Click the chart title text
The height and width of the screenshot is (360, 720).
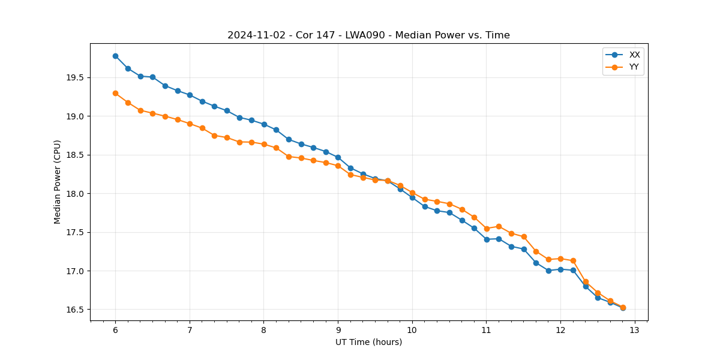pyautogui.click(x=368, y=35)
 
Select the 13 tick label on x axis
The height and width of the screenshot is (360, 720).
pyautogui.click(x=635, y=331)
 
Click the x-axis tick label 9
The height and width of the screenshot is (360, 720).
pyautogui.click(x=338, y=331)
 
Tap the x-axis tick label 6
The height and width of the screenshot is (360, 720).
pyautogui.click(x=115, y=331)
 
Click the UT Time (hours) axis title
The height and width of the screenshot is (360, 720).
pyautogui.click(x=368, y=343)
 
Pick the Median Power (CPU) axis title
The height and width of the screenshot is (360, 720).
pyautogui.click(x=58, y=182)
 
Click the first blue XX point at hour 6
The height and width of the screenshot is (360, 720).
pyautogui.click(x=115, y=56)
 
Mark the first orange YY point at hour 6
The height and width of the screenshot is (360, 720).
pyautogui.click(x=115, y=93)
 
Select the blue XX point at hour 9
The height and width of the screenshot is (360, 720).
pyautogui.click(x=338, y=157)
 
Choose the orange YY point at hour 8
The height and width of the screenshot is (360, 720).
pyautogui.click(x=264, y=144)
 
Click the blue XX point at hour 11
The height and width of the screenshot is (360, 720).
pyautogui.click(x=487, y=239)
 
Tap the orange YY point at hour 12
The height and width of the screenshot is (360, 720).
pyautogui.click(x=560, y=259)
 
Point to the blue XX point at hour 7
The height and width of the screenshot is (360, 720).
pyautogui.click(x=190, y=95)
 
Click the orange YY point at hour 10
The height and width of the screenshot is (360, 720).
pyautogui.click(x=412, y=193)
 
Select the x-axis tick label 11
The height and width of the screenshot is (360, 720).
pyautogui.click(x=487, y=331)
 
